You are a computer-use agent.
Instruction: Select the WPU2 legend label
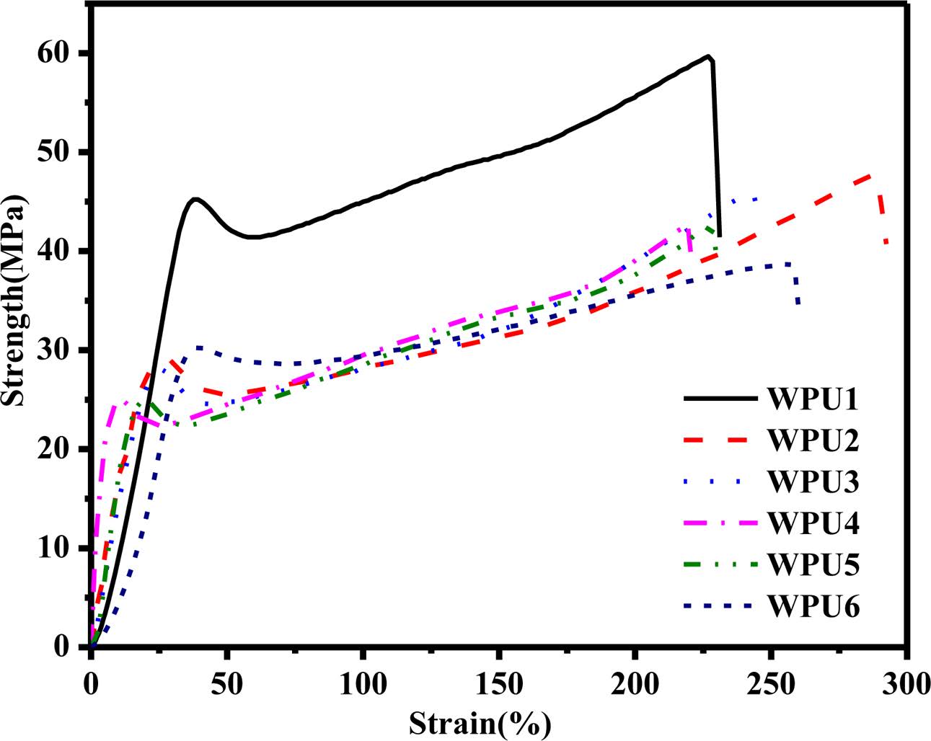pos(813,440)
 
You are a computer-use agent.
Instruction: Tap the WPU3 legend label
pos(813,482)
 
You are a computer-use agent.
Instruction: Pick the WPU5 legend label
pos(813,564)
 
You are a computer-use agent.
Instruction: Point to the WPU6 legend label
pos(813,605)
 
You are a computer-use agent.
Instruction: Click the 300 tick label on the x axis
pos(906,680)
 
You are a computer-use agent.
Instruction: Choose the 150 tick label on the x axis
pos(498,680)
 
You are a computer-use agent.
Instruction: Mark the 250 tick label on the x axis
pos(770,680)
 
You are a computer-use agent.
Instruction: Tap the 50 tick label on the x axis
pos(226,680)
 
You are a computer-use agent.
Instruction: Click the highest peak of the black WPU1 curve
pos(709,56)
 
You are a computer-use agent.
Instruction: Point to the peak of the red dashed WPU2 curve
pos(874,174)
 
